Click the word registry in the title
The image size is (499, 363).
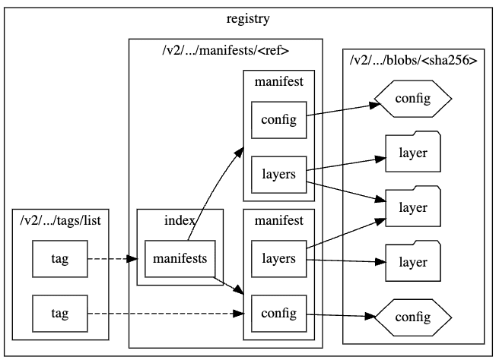point(249,18)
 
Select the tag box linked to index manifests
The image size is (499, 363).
point(60,259)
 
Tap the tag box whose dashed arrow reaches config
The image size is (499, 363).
point(60,312)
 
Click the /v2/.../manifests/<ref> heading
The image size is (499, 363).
point(226,51)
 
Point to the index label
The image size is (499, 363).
point(180,220)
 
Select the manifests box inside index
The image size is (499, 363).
point(180,259)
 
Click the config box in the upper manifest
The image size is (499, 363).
point(279,119)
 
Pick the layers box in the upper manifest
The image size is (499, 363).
point(279,173)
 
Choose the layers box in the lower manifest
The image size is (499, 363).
point(279,259)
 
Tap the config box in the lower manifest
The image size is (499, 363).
point(279,312)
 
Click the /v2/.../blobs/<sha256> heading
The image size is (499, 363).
point(413,60)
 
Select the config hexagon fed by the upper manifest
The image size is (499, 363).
point(413,98)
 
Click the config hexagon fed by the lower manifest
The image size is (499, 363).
point(413,315)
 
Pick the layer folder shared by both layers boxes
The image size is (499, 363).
point(413,207)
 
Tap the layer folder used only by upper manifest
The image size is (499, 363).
point(413,153)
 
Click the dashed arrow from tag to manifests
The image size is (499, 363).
point(114,259)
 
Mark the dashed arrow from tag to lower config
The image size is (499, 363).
point(167,312)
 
